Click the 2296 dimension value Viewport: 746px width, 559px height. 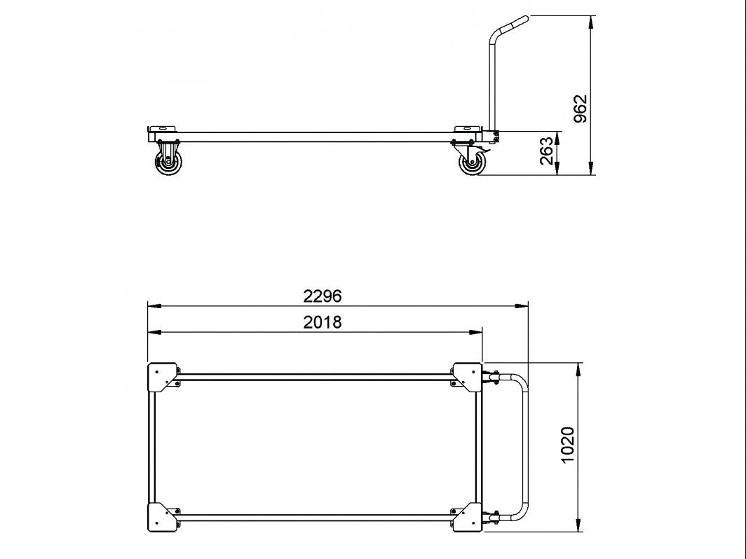tap(322, 296)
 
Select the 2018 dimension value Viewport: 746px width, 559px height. tap(322, 322)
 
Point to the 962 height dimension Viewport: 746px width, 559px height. tap(581, 109)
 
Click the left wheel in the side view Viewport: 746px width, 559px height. tap(169, 166)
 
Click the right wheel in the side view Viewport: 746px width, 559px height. tap(472, 166)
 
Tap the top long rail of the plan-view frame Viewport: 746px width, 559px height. tap(316, 377)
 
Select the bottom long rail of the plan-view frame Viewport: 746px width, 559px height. tap(316, 517)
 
